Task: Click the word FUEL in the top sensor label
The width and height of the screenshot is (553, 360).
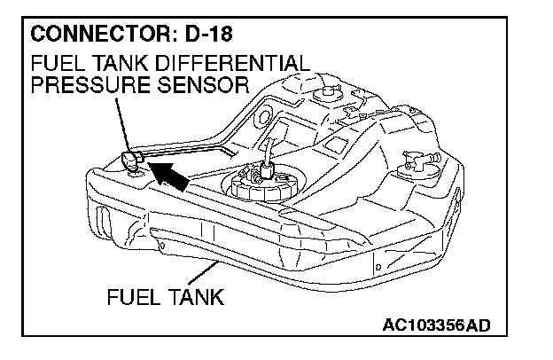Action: click(51, 64)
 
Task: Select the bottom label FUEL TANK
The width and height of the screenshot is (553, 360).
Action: click(165, 295)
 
